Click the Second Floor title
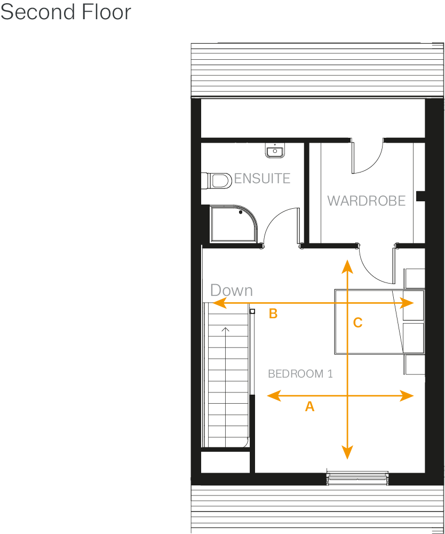tap(66, 12)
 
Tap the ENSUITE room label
tap(262, 178)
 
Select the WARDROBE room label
tap(366, 201)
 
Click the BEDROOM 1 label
tap(300, 374)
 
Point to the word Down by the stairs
tap(231, 290)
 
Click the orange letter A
tap(309, 407)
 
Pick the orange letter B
tap(273, 314)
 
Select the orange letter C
tap(358, 323)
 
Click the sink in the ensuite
tap(274, 150)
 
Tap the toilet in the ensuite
tap(216, 180)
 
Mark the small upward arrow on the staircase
tap(226, 330)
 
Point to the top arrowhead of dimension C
tap(347, 265)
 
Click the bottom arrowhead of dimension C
tap(347, 454)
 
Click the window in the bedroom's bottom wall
tap(357, 478)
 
